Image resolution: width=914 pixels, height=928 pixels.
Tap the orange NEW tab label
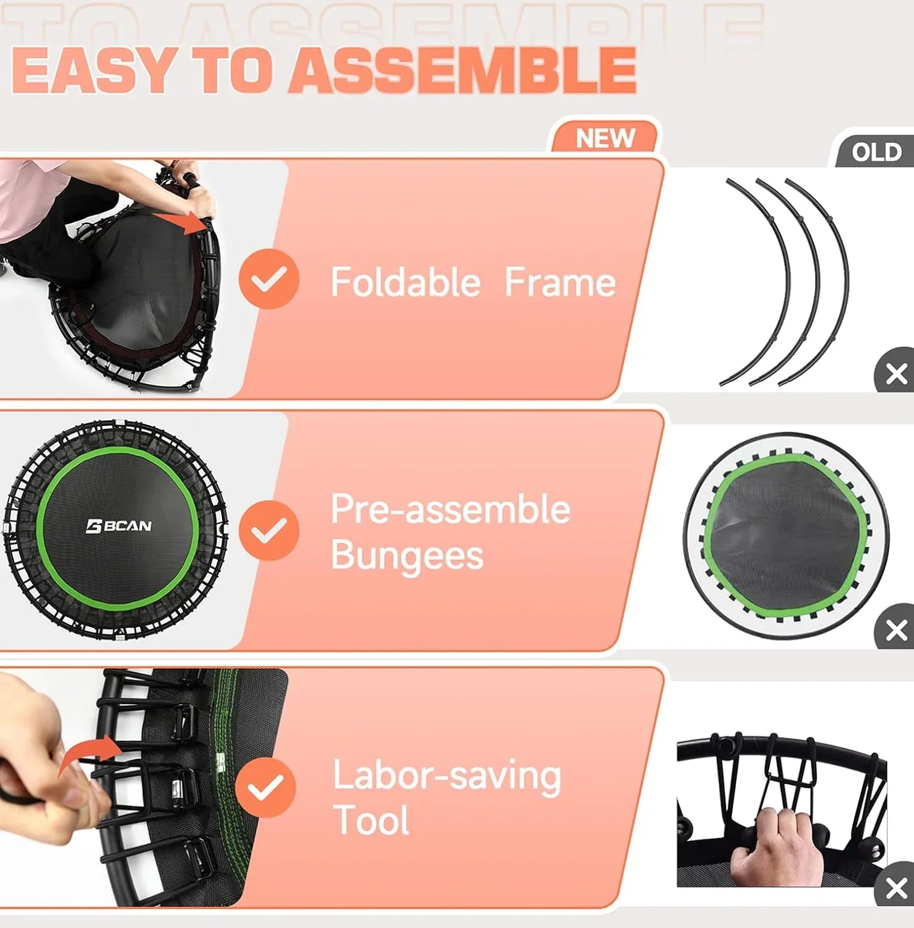(x=605, y=138)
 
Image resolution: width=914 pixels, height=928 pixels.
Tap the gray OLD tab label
(x=876, y=152)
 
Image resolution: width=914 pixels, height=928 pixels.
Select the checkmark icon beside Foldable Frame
(x=269, y=279)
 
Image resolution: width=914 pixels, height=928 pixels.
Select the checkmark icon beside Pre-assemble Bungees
(x=269, y=530)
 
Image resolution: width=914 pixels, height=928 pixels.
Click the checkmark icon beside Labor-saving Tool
(x=265, y=787)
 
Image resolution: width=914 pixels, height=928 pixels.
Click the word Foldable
(x=405, y=282)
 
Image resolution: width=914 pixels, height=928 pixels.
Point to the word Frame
(x=560, y=282)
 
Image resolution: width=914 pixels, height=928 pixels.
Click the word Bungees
(x=407, y=555)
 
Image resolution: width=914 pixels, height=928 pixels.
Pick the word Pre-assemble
(x=451, y=509)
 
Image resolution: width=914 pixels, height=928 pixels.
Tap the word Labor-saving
(x=447, y=775)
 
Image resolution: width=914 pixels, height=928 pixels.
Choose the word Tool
(x=371, y=820)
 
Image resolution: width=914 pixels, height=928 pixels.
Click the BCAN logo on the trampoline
(x=118, y=526)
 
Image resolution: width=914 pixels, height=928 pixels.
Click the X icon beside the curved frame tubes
(x=895, y=374)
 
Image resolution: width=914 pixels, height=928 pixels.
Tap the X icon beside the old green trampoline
(x=895, y=630)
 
